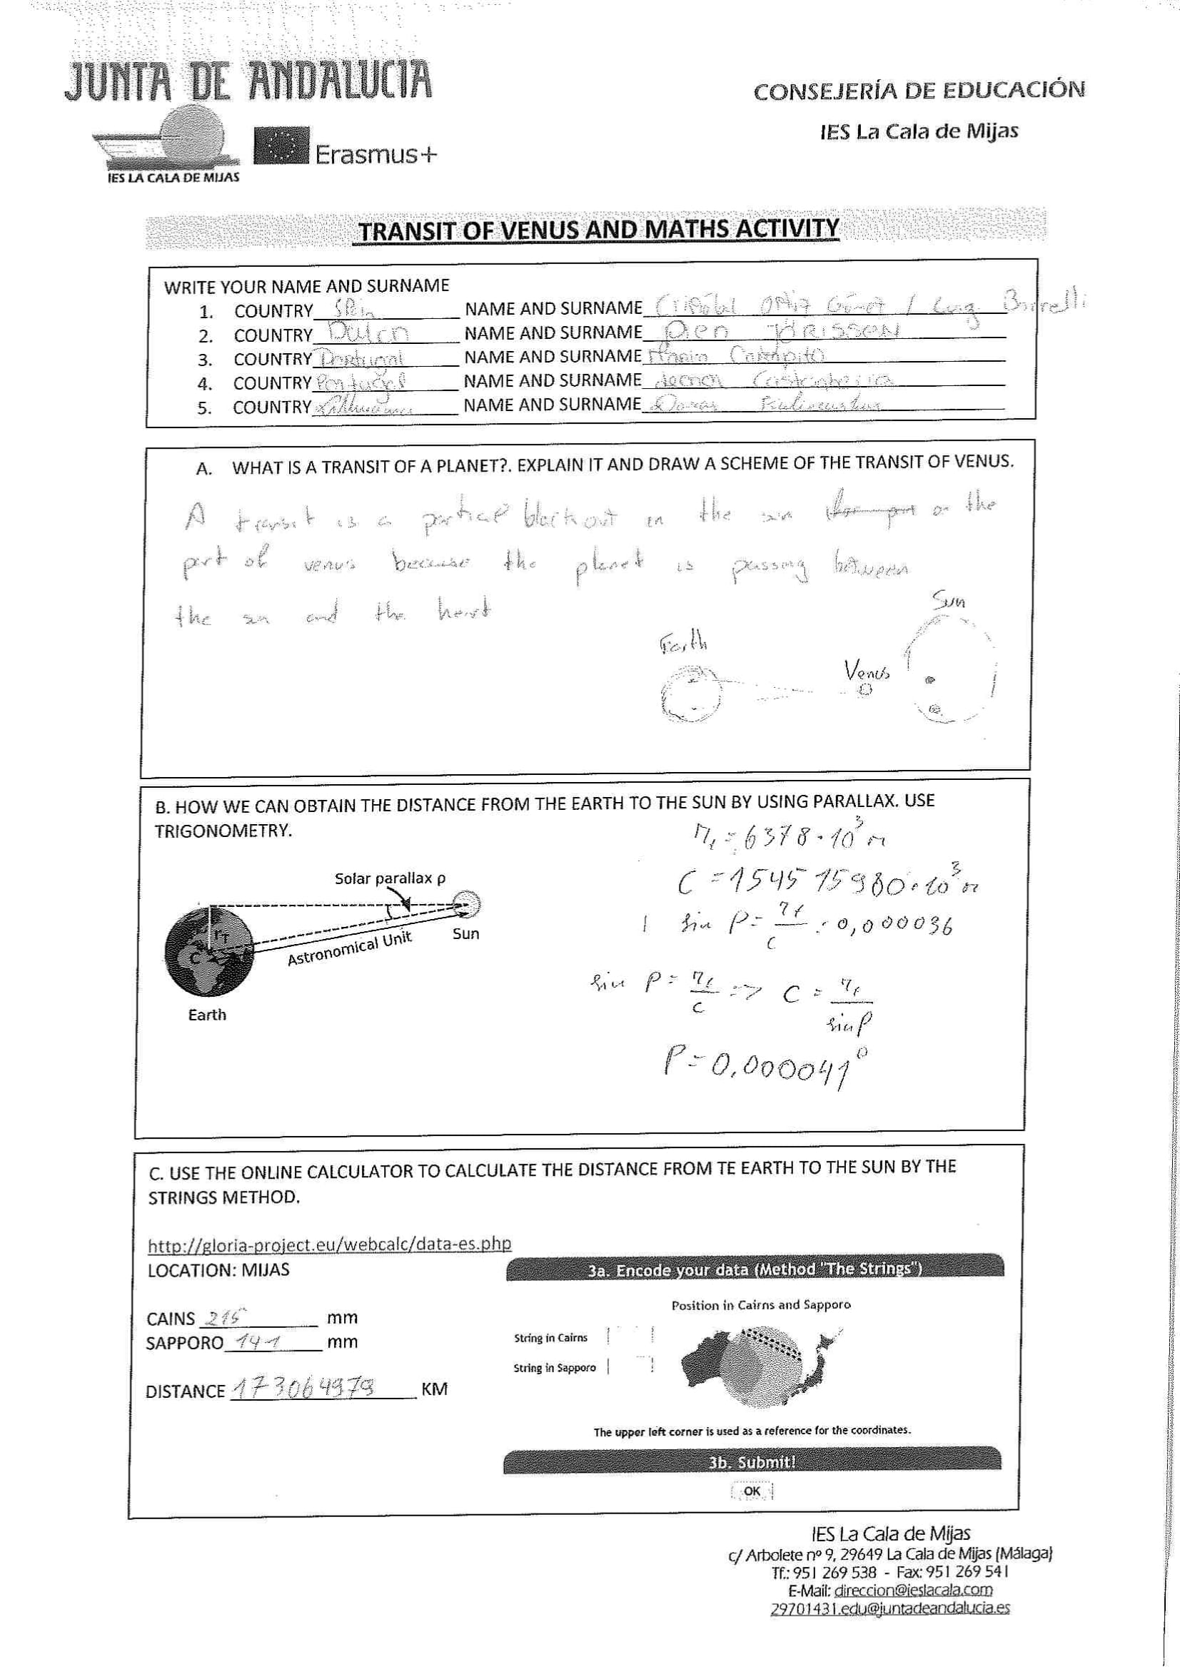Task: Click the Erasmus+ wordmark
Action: (x=375, y=154)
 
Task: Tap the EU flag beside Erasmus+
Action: (x=281, y=146)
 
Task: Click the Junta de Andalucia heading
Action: (x=248, y=80)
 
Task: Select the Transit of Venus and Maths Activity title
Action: (x=599, y=230)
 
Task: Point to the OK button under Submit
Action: (x=752, y=1491)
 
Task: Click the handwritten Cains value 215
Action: (x=226, y=1317)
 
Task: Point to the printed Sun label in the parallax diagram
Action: (x=465, y=933)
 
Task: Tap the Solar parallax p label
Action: (x=390, y=878)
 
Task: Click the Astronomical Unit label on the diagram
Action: (x=350, y=948)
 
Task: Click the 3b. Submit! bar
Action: (x=752, y=1461)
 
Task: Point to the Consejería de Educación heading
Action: (x=919, y=91)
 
